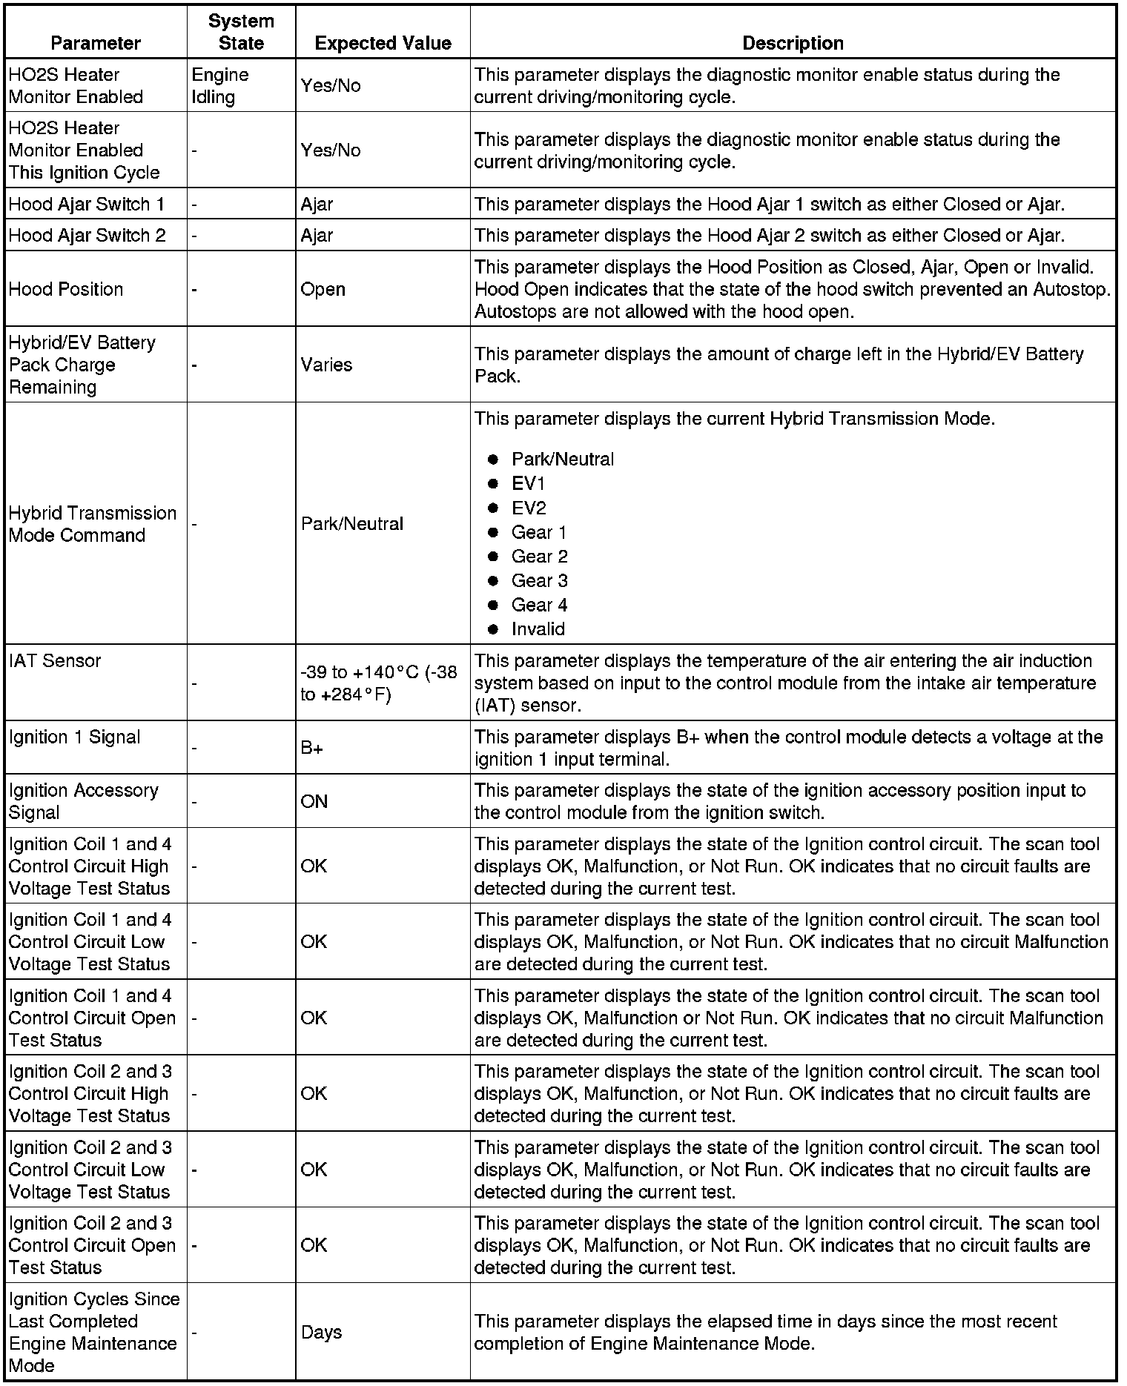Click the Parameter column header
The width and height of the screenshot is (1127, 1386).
point(96,43)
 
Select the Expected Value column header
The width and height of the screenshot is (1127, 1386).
point(383,43)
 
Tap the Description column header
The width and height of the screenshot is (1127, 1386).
point(793,43)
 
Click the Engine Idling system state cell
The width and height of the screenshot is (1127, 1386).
point(220,86)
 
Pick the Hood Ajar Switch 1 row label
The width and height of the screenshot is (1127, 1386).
point(87,204)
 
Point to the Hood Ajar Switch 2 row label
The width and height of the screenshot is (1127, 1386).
point(87,235)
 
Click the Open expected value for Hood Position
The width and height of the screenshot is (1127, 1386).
point(323,289)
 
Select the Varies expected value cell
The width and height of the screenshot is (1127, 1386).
point(326,365)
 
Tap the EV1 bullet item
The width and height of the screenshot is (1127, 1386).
point(528,483)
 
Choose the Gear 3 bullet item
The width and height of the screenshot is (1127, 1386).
point(539,580)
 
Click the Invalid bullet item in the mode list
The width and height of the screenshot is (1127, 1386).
point(538,629)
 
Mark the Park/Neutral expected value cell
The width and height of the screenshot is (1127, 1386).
point(351,524)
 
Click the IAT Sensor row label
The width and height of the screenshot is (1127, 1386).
point(55,660)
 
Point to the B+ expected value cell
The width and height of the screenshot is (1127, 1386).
point(311,748)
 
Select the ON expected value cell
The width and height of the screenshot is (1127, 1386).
point(314,801)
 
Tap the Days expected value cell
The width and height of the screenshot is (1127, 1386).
point(321,1332)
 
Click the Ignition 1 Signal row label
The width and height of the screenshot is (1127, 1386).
point(74,737)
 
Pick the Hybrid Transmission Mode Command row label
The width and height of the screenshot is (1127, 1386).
point(93,524)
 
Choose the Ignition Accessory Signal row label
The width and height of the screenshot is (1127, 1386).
point(83,801)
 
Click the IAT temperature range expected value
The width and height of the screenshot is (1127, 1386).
point(378,683)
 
